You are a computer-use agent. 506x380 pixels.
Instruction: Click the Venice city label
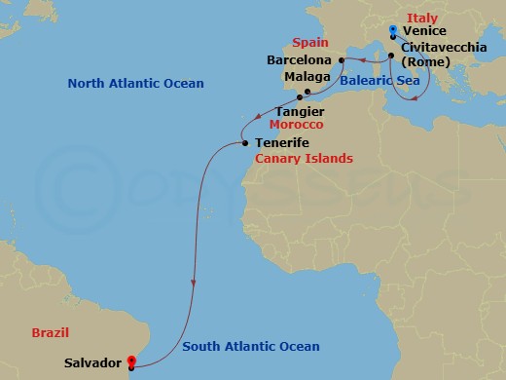[423, 30]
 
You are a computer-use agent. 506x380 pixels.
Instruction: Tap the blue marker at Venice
[393, 29]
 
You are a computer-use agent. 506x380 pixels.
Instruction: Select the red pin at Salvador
[131, 364]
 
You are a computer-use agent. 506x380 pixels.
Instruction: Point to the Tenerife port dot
[244, 144]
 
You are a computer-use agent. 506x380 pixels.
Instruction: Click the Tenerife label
[285, 143]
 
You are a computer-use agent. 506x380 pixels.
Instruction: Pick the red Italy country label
[423, 17]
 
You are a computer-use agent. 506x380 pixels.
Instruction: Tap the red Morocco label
[297, 126]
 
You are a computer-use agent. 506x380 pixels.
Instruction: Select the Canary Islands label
[304, 158]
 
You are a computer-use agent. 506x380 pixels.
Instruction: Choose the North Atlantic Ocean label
[135, 84]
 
